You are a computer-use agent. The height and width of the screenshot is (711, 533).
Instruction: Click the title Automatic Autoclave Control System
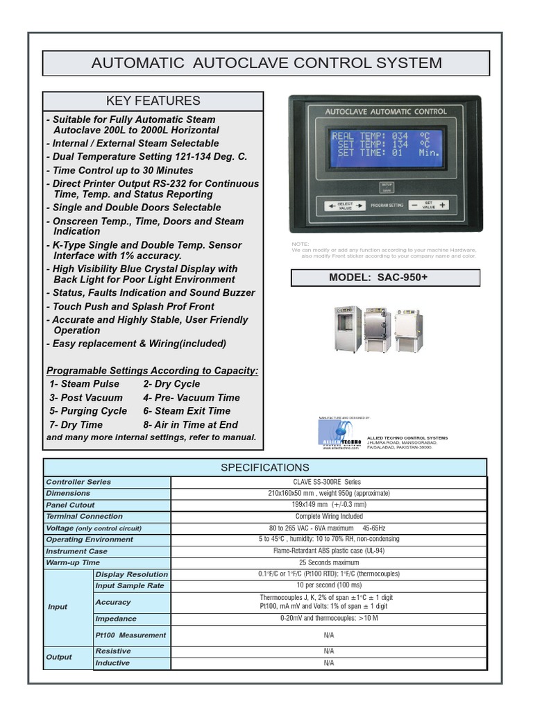click(x=266, y=63)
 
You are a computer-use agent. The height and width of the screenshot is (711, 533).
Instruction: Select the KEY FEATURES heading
click(x=153, y=101)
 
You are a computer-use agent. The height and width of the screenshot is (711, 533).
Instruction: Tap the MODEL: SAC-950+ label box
click(x=385, y=278)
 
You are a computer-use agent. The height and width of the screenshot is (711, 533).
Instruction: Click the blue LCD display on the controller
click(x=386, y=147)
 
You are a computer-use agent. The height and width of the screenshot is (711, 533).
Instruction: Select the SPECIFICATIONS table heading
click(x=265, y=467)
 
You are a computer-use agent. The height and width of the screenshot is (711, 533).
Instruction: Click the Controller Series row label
click(x=78, y=482)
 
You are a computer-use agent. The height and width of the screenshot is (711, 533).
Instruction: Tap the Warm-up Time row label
click(x=73, y=562)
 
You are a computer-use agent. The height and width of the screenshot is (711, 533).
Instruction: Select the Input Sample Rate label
click(x=130, y=585)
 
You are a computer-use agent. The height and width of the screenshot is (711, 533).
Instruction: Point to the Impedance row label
click(x=116, y=619)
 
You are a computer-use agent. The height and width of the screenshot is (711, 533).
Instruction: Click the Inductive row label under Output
click(x=112, y=663)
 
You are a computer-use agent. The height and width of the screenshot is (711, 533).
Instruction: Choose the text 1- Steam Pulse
click(x=84, y=384)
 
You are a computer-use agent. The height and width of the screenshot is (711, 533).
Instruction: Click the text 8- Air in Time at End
click(x=190, y=424)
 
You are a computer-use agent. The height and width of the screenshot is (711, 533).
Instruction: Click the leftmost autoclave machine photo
click(x=347, y=329)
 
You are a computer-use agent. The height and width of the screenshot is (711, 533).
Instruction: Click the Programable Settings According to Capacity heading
click(x=152, y=371)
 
